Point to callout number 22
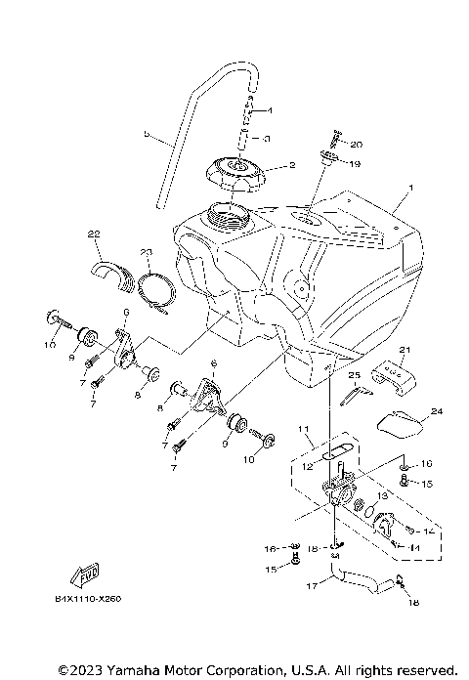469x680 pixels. coord(94,234)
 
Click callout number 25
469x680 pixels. coord(355,375)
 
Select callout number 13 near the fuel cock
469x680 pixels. coord(382,495)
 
